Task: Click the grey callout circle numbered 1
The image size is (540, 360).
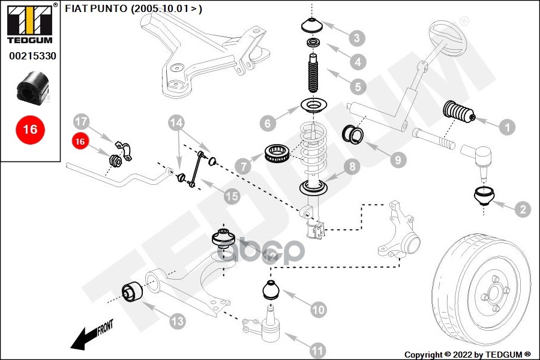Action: click(x=507, y=127)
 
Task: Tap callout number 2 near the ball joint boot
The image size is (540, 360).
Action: click(x=522, y=209)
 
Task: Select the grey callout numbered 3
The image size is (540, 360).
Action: click(x=357, y=39)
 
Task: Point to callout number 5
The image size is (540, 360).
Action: click(x=358, y=86)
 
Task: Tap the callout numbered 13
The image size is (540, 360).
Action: click(x=177, y=322)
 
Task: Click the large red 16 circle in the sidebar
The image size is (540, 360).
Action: click(x=30, y=129)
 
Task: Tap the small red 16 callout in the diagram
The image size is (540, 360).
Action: click(x=80, y=142)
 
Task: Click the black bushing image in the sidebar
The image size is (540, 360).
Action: click(x=30, y=88)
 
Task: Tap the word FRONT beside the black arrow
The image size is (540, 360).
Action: click(x=104, y=328)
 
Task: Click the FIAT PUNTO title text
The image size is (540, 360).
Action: click(x=133, y=8)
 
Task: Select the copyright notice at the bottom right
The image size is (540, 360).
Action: click(x=467, y=354)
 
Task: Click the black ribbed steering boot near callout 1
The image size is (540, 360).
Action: click(x=458, y=114)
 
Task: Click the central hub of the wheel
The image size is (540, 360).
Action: click(x=493, y=293)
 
